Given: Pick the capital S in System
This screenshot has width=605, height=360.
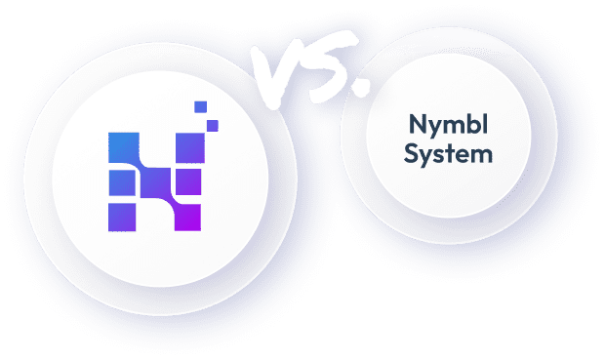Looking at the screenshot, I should pyautogui.click(x=416, y=155).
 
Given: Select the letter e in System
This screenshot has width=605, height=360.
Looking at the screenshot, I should pyautogui.click(x=456, y=156).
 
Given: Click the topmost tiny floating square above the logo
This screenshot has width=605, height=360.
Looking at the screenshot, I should pyautogui.click(x=200, y=106).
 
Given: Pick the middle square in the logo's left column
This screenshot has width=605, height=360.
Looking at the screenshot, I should pyautogui.click(x=121, y=181).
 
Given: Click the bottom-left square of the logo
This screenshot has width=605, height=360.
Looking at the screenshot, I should pyautogui.click(x=122, y=214).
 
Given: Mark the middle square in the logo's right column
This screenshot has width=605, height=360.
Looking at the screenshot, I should pyautogui.click(x=187, y=181).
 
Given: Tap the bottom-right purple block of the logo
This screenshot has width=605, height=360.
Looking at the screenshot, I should pyautogui.click(x=185, y=214).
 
